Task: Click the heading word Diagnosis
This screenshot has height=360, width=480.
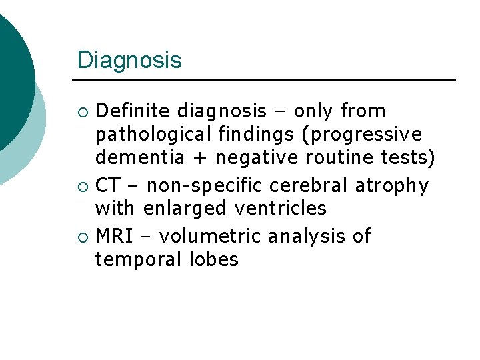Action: tap(129, 61)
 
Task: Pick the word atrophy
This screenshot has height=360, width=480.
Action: tap(392, 185)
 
